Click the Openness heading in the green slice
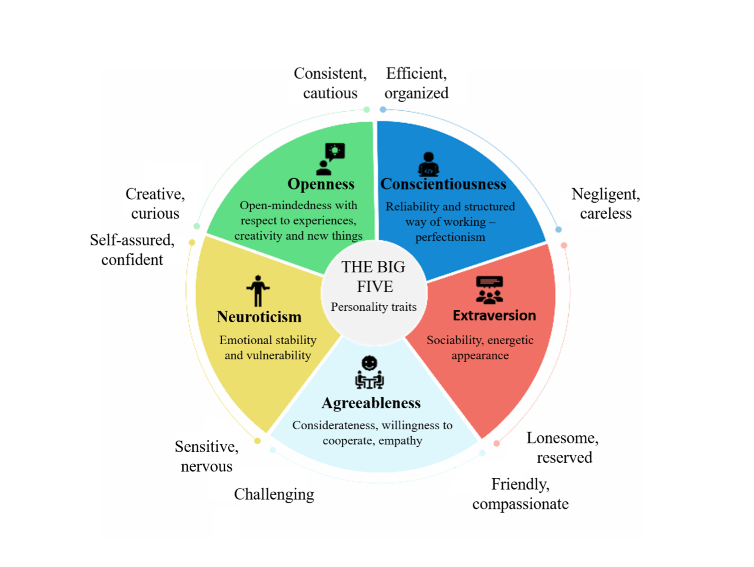pos(321,184)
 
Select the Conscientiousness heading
pos(443,184)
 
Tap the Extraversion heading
pos(494,316)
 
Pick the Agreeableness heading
pos(371,403)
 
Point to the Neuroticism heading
pos(259,317)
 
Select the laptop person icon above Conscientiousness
pos(428,164)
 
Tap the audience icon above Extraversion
pos(489,290)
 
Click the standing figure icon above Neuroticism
pos(258,290)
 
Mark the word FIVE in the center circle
pos(375,287)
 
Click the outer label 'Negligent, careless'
pos(605,203)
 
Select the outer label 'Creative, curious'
pos(155,203)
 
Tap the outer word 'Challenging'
pos(274,494)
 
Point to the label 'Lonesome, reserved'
pos(563,447)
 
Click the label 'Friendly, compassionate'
pos(520,494)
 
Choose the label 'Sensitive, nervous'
pos(207,456)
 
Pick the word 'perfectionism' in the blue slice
pos(450,237)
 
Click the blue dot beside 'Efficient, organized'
pos(383,110)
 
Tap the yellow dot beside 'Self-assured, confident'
pos(192,242)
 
